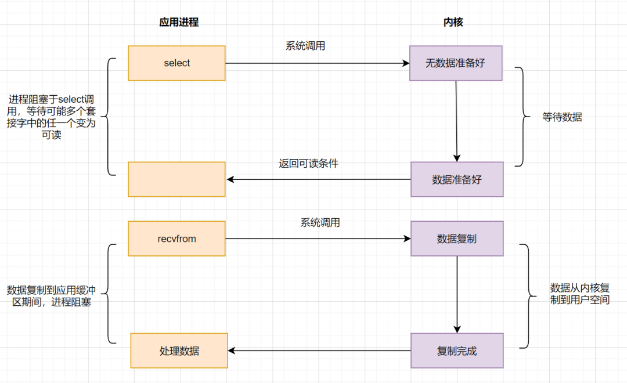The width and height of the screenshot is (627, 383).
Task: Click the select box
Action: [x=176, y=63]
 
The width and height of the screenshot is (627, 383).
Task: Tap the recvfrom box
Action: [x=176, y=239]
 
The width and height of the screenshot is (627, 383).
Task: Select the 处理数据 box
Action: [x=179, y=351]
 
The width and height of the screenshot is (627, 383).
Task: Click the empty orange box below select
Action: [x=176, y=179]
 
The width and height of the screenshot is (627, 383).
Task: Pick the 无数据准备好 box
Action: [x=455, y=63]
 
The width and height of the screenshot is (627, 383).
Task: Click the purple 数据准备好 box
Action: [x=456, y=179]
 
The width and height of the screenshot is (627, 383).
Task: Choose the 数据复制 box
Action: [x=456, y=239]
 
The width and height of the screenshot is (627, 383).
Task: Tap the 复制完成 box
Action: [x=456, y=351]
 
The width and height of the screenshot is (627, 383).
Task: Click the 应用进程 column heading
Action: [x=179, y=23]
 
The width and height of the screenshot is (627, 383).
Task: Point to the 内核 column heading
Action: [x=453, y=23]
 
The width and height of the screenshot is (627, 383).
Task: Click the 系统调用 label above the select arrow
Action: [x=305, y=46]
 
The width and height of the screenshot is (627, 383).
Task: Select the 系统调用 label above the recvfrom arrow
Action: [x=320, y=222]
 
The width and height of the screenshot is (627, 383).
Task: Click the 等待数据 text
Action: [x=562, y=117]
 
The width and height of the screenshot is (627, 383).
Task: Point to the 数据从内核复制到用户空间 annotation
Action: [x=579, y=294]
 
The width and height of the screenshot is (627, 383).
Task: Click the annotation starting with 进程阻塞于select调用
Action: [x=52, y=117]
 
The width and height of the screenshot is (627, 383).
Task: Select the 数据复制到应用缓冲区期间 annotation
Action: [x=52, y=296]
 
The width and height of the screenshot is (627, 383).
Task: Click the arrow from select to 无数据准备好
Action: [x=317, y=63]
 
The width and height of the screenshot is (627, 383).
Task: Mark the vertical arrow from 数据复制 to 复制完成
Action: [x=457, y=294]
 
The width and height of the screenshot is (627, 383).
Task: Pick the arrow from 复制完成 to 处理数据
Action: [x=319, y=351]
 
